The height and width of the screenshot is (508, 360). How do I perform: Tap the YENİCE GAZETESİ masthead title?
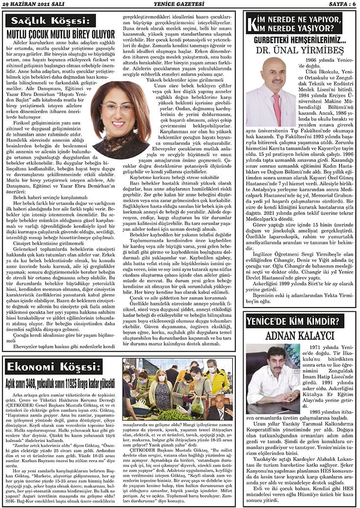pyautogui.click(x=180, y=5)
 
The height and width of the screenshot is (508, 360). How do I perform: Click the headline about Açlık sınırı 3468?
pyautogui.click(x=60, y=381)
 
